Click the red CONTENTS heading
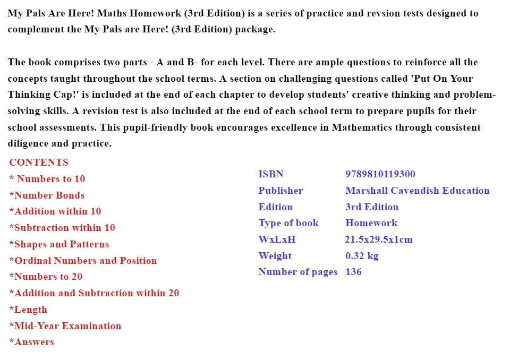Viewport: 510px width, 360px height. [x=39, y=162]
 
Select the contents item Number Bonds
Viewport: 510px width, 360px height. [x=47, y=195]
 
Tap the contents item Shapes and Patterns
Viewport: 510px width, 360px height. [x=59, y=244]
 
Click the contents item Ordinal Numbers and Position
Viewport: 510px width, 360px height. [x=83, y=261]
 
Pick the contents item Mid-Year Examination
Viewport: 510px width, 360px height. [x=65, y=326]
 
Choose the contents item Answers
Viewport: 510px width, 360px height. [x=32, y=342]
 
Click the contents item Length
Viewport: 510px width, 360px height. [x=28, y=310]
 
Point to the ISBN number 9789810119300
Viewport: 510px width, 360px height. [x=380, y=174]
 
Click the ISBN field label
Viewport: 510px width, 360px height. [x=271, y=174]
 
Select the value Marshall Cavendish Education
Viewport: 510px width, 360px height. [x=417, y=191]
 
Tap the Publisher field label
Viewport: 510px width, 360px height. [x=280, y=191]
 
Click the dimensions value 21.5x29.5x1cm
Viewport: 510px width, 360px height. [x=379, y=239]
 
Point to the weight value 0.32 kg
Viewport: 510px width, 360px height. [x=362, y=256]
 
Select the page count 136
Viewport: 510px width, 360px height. [x=353, y=272]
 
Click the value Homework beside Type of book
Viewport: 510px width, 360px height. [x=371, y=223]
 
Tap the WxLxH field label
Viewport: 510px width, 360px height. [x=277, y=239]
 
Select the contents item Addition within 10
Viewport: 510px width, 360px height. [x=55, y=211]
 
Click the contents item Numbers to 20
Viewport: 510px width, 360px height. [x=46, y=277]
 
